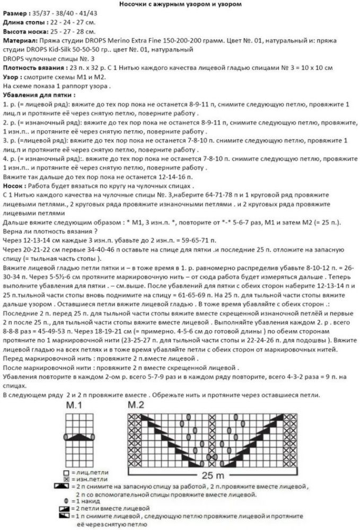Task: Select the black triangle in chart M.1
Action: point(77,436)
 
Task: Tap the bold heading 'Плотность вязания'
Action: point(34,68)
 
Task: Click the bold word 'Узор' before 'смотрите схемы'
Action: point(12,77)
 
